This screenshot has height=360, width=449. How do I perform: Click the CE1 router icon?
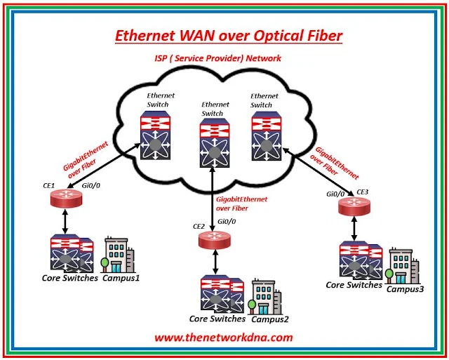tap(65, 199)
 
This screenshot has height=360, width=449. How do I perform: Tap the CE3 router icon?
tap(353, 207)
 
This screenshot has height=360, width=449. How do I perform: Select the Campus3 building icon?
tap(402, 266)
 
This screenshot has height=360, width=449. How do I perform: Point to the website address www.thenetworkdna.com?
tap(223, 338)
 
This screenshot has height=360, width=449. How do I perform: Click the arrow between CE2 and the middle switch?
tap(212, 199)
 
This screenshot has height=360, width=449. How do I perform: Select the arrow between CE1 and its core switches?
tap(65, 222)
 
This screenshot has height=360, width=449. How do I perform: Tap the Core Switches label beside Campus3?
tap(354, 285)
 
